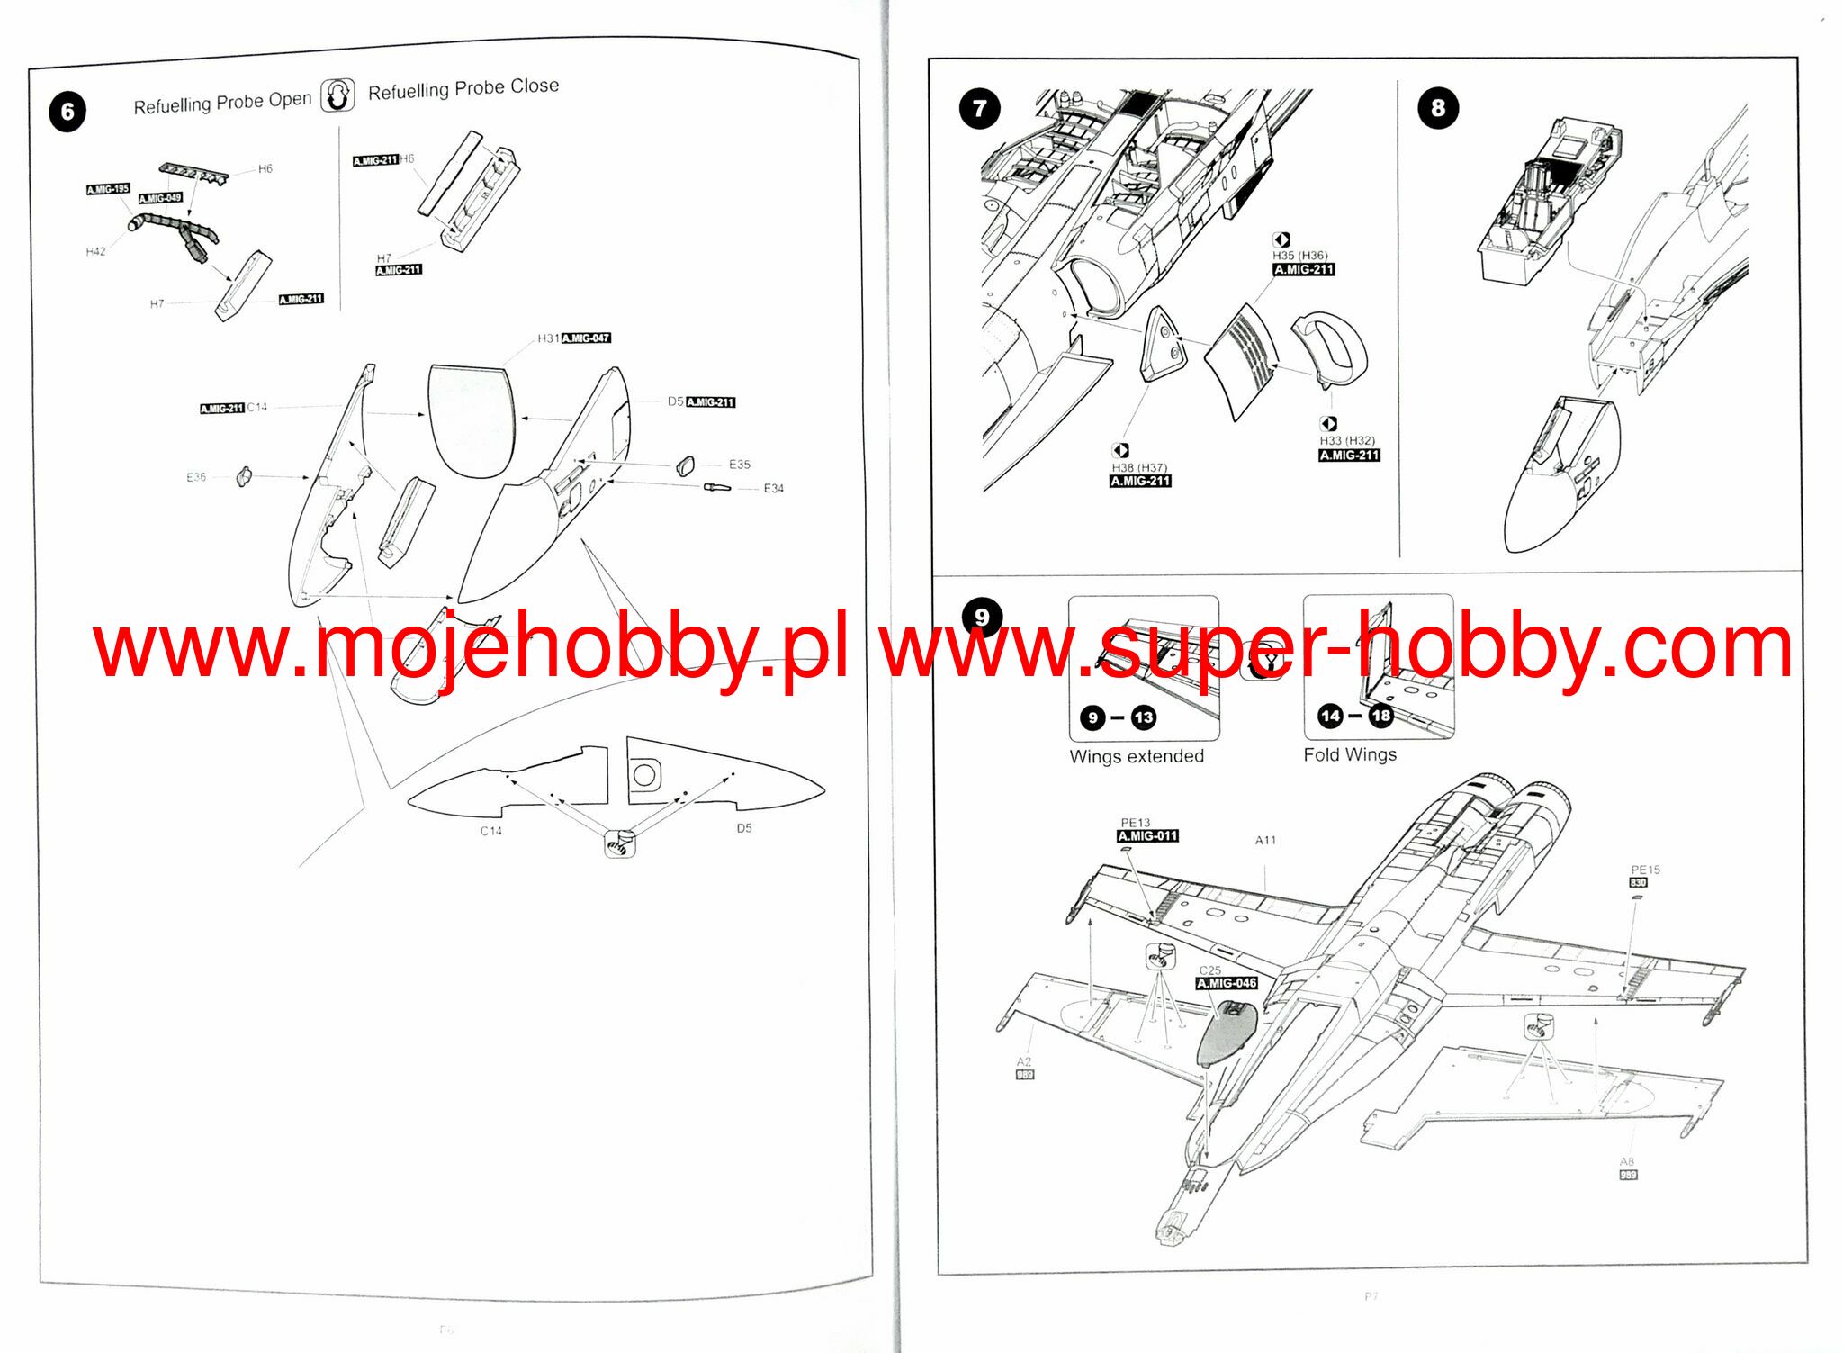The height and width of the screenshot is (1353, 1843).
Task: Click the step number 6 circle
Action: pyautogui.click(x=67, y=113)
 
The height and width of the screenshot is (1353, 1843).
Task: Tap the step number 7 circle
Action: pyautogui.click(x=980, y=109)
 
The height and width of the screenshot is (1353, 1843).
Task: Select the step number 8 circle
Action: pyautogui.click(x=1437, y=108)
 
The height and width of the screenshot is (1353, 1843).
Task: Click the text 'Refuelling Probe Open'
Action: pyautogui.click(x=222, y=103)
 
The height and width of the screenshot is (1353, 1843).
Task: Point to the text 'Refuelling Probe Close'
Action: pyautogui.click(x=463, y=88)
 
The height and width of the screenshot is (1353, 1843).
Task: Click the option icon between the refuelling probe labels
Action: pyautogui.click(x=338, y=95)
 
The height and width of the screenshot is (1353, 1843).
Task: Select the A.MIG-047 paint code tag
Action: pyautogui.click(x=586, y=338)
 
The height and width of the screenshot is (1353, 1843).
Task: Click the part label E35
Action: pyautogui.click(x=739, y=465)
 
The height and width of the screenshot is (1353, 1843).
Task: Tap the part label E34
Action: pyautogui.click(x=773, y=488)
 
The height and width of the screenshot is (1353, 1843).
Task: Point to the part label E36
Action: pyautogui.click(x=196, y=477)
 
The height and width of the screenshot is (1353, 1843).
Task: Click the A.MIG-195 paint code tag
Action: pyautogui.click(x=108, y=189)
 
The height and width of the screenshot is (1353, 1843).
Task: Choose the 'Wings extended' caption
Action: pyautogui.click(x=1137, y=756)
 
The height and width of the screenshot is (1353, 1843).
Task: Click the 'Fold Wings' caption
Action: pyautogui.click(x=1350, y=754)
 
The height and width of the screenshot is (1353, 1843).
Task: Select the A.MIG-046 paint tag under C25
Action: pyautogui.click(x=1227, y=983)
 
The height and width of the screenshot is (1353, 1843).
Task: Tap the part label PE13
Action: pyautogui.click(x=1135, y=823)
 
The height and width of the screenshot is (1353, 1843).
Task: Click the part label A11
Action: pyautogui.click(x=1265, y=840)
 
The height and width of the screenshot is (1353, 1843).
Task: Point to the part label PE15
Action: pyautogui.click(x=1645, y=870)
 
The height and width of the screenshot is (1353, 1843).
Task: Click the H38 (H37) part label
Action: pyautogui.click(x=1139, y=468)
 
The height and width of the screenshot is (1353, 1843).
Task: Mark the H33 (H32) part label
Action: pyautogui.click(x=1347, y=441)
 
